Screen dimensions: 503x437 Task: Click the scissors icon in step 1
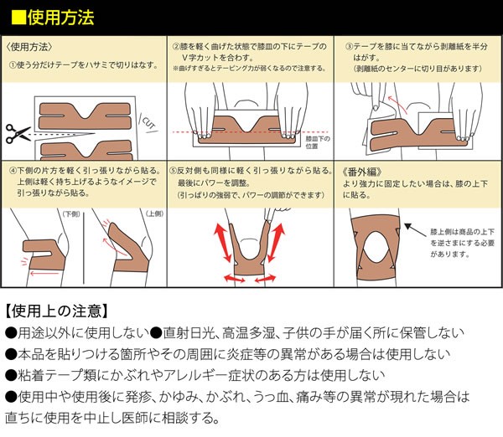pyautogui.click(x=18, y=134)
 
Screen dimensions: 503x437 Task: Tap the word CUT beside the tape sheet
pyautogui.click(x=149, y=123)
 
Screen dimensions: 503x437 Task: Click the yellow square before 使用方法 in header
pyautogui.click(x=18, y=18)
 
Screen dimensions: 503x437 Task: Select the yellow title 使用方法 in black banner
pyautogui.click(x=60, y=18)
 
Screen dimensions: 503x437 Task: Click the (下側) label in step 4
pyautogui.click(x=71, y=213)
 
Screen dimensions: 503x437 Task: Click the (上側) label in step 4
pyautogui.click(x=154, y=213)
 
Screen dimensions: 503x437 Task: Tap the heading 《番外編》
pyautogui.click(x=362, y=172)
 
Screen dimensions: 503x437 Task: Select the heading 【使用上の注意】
pyautogui.click(x=56, y=311)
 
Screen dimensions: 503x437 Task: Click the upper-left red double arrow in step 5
pyautogui.click(x=223, y=243)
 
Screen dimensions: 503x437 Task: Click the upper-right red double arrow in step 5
pyautogui.click(x=276, y=243)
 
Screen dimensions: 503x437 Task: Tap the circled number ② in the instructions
pyautogui.click(x=176, y=47)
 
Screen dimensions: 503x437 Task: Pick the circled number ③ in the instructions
pyautogui.click(x=349, y=47)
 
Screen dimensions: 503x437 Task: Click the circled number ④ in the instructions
pyautogui.click(x=13, y=171)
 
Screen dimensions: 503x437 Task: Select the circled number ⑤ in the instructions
pyautogui.click(x=174, y=171)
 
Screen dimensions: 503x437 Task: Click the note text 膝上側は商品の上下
pyautogui.click(x=462, y=232)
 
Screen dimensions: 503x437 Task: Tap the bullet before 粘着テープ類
pyautogui.click(x=11, y=376)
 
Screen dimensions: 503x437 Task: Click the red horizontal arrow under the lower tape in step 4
pyautogui.click(x=44, y=273)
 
